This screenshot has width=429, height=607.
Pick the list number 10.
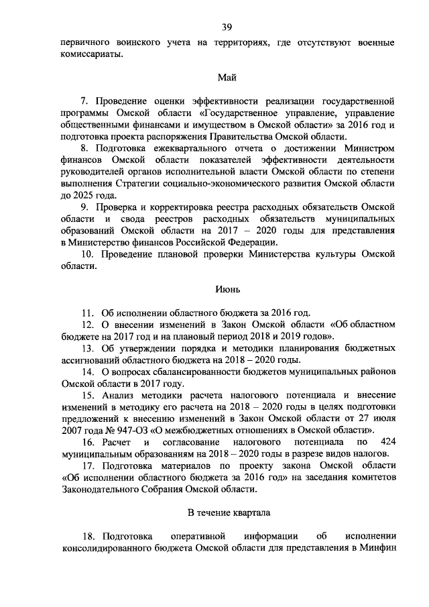click(x=86, y=254)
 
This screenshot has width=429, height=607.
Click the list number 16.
click(x=86, y=442)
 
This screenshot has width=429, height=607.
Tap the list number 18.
click(x=86, y=537)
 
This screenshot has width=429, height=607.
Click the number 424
click(x=388, y=442)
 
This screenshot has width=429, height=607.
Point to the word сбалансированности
click(x=178, y=372)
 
